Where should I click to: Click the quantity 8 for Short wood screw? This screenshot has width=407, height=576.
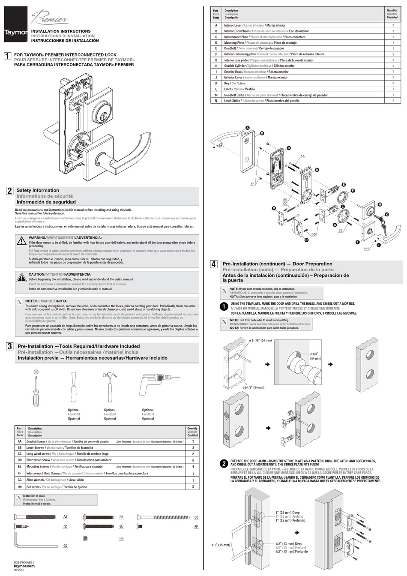(193, 460)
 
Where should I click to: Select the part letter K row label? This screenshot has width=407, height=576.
(216, 83)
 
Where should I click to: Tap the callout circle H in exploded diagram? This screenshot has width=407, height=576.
(380, 205)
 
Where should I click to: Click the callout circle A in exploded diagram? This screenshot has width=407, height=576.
(248, 128)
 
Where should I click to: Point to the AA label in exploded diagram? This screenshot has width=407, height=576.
(302, 156)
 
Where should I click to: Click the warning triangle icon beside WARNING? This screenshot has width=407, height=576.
(21, 241)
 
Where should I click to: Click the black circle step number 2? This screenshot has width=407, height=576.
(224, 464)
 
